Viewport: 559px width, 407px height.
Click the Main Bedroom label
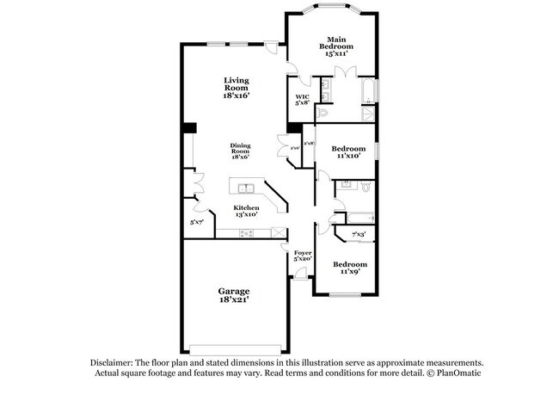[x=335, y=46]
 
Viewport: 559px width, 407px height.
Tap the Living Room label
[x=236, y=89]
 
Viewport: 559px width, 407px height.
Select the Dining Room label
[x=240, y=151]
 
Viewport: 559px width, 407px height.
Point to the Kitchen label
[x=247, y=212]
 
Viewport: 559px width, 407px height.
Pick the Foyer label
[x=302, y=256]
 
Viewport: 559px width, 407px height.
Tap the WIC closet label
[x=302, y=100]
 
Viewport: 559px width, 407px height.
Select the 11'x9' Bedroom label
[x=350, y=268]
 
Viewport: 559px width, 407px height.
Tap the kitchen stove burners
[x=246, y=232]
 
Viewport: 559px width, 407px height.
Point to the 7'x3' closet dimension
[x=359, y=235]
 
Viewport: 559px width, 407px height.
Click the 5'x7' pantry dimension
[x=198, y=222]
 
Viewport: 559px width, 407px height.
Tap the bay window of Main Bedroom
[x=331, y=10]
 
